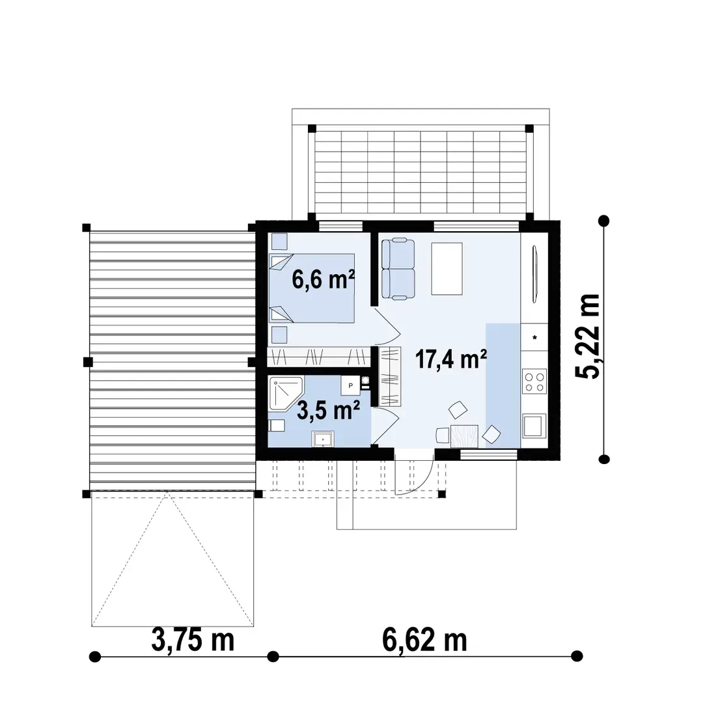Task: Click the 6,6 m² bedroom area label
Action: (324, 279)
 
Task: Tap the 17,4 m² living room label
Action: (451, 359)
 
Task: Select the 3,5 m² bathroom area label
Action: (328, 410)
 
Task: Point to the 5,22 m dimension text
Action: (587, 336)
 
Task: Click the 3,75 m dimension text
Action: (193, 640)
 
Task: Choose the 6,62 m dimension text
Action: (424, 640)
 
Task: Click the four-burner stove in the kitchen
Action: (534, 381)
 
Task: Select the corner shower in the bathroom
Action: (286, 394)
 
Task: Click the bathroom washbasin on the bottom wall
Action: (323, 439)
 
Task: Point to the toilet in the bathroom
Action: (276, 425)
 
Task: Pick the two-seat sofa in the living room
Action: (398, 269)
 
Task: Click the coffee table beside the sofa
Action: (447, 269)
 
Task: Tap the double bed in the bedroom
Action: (312, 288)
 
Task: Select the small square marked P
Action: (350, 385)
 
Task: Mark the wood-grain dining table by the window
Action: (464, 436)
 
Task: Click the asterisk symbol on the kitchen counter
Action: (534, 337)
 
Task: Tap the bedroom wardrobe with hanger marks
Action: (319, 357)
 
